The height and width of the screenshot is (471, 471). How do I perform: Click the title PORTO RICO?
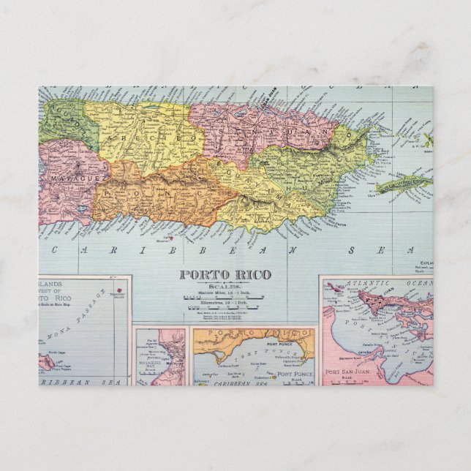[225, 275]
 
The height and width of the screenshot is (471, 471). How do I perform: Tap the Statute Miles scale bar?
[225, 296]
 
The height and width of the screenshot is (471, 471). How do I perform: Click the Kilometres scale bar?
[225, 308]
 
